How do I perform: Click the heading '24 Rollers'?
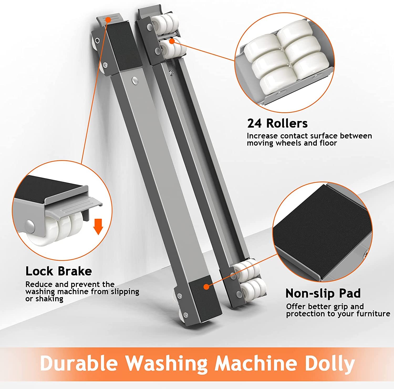[x=277, y=123]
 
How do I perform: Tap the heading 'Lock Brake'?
[x=59, y=271]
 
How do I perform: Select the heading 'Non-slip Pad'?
[x=323, y=293]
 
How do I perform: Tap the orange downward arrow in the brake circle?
[x=98, y=226]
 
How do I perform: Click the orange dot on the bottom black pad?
[x=207, y=287]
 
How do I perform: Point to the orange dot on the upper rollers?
[x=172, y=41]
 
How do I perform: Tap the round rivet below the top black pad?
[x=135, y=80]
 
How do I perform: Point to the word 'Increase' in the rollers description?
[x=262, y=136]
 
